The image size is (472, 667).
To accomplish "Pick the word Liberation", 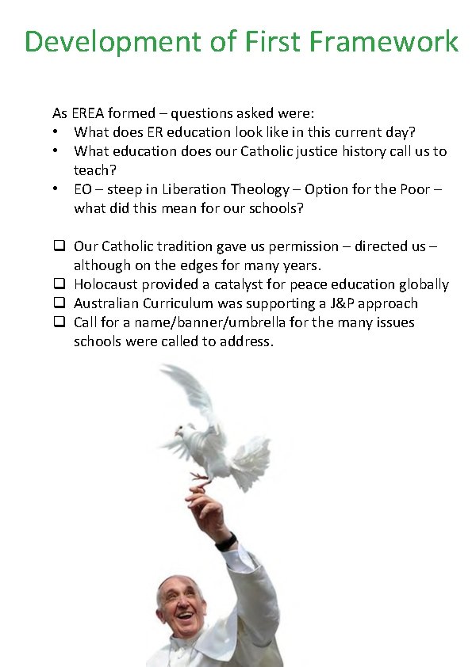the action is click(195, 189).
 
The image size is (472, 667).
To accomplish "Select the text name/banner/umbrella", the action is click(199, 322).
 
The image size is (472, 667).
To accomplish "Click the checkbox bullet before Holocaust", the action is click(59, 284).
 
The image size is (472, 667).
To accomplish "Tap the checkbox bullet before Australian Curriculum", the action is click(59, 303).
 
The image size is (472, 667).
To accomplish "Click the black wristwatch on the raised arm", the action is click(226, 542).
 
